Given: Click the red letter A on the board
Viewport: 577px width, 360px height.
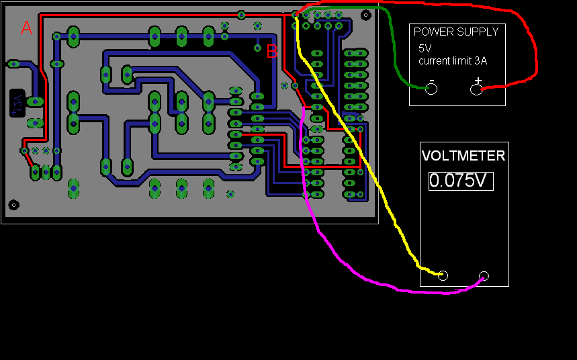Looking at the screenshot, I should (26, 28).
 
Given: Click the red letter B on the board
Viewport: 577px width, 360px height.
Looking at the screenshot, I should (272, 51).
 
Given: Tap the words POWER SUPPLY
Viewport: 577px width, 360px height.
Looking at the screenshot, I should (456, 32).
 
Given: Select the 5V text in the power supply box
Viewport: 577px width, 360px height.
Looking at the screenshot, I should (426, 48).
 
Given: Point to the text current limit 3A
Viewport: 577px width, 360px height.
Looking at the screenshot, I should (453, 60).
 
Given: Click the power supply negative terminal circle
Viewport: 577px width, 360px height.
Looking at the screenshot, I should (431, 89).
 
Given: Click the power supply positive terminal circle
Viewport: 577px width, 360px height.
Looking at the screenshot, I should (476, 89).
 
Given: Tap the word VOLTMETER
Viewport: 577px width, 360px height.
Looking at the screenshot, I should (463, 156).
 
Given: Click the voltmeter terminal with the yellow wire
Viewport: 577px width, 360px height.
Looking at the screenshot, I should (443, 275).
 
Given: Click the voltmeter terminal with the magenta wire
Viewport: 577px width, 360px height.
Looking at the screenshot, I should (484, 275).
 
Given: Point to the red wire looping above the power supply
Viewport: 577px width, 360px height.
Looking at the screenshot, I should (470, 13).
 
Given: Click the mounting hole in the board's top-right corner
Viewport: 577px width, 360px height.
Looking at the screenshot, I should (365, 14).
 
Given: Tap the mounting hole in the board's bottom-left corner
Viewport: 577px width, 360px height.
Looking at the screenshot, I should (13, 205).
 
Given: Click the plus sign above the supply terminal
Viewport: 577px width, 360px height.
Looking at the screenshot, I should (478, 81).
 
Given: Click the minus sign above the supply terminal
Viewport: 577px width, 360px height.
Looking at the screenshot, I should (431, 81).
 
